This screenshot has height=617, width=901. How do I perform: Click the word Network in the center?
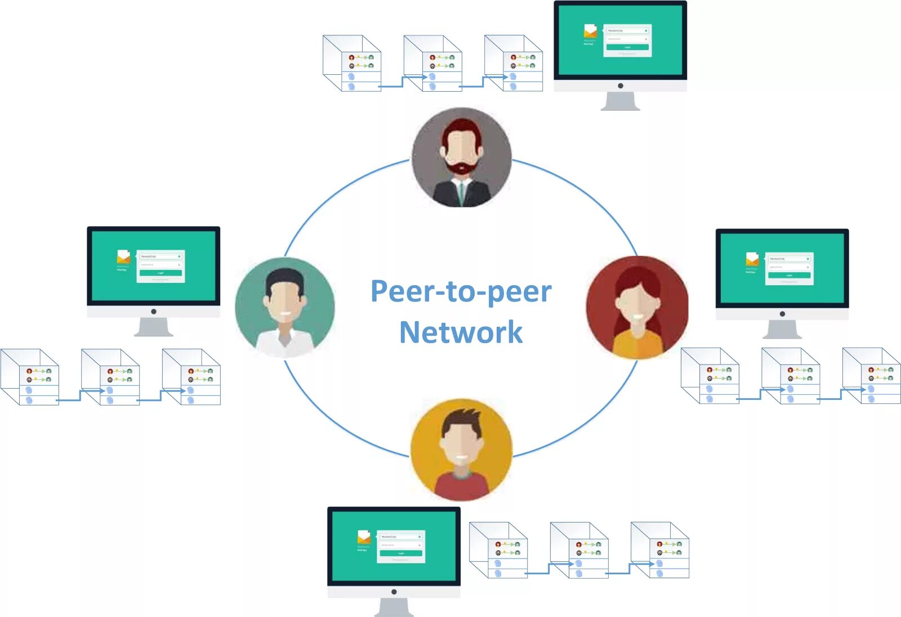tap(461, 332)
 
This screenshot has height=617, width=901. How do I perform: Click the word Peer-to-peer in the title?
tap(461, 292)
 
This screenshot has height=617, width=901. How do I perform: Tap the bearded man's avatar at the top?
tap(462, 157)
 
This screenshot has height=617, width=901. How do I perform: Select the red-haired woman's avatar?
tap(637, 307)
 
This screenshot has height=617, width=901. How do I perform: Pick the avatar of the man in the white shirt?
tap(285, 308)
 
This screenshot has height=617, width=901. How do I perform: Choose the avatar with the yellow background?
tap(461, 449)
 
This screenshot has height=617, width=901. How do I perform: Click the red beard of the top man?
tap(462, 168)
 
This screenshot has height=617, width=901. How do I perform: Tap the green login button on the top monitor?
tap(627, 47)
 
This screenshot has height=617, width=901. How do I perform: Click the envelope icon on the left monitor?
tap(123, 257)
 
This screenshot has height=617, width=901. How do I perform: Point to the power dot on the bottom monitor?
tap(394, 592)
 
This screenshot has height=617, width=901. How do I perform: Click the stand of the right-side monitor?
tap(782, 330)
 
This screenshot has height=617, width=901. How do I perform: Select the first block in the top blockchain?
tap(353, 63)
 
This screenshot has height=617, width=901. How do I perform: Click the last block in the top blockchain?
tap(514, 63)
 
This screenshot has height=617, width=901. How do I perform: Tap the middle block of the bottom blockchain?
tap(579, 550)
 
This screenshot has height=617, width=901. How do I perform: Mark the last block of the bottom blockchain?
tap(661, 550)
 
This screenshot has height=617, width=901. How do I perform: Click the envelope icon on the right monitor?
tap(752, 259)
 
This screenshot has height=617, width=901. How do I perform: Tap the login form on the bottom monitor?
tap(402, 546)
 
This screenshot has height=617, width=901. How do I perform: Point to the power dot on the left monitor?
tap(154, 312)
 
